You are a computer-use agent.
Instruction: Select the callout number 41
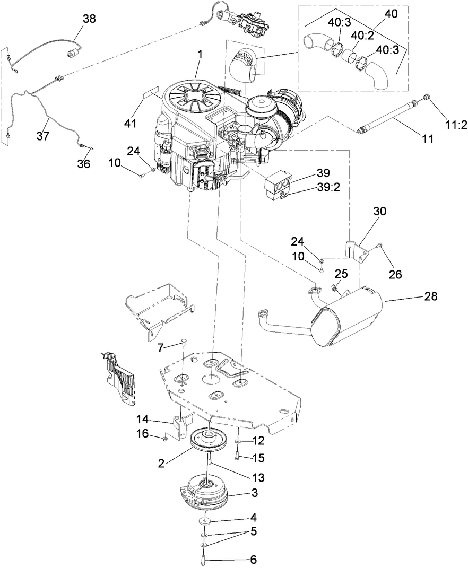130,123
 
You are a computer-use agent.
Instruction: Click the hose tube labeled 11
387,113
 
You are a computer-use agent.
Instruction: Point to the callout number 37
43,136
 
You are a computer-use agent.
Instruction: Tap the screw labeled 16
166,438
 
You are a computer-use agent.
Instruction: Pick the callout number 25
341,274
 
